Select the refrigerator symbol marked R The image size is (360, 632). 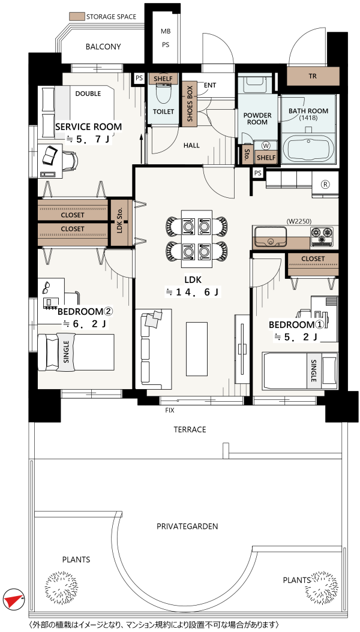pyautogui.click(x=325, y=183)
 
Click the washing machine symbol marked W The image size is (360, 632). pyautogui.click(x=266, y=145)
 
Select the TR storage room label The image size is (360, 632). pyautogui.click(x=313, y=76)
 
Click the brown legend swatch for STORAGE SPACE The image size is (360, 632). pyautogui.click(x=77, y=17)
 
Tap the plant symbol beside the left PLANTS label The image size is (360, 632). pyautogui.click(x=61, y=587)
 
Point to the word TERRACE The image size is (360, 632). pyautogui.click(x=190, y=429)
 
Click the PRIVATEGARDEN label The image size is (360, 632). pyautogui.click(x=187, y=526)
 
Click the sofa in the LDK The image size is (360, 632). pyautogui.click(x=153, y=348)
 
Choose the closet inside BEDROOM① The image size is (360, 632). pyautogui.click(x=313, y=264)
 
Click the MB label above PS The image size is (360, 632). pyautogui.click(x=166, y=31)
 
